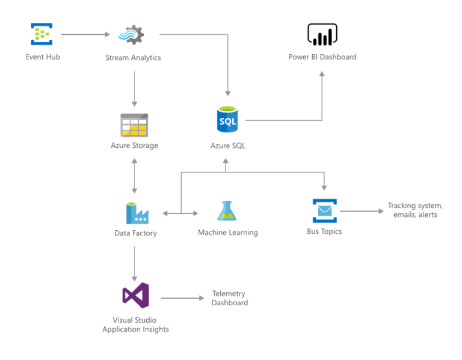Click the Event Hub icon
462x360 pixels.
(42, 34)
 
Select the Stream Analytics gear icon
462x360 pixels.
(131, 35)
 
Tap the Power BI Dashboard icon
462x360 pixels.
(322, 35)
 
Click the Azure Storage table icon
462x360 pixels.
(134, 124)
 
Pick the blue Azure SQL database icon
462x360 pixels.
(227, 120)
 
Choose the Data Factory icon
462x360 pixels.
(136, 213)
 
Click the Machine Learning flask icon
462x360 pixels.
(227, 211)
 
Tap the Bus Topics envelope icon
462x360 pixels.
(324, 211)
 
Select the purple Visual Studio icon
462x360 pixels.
(135, 295)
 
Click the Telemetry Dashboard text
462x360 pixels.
(229, 298)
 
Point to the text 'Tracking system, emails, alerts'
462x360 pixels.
(414, 210)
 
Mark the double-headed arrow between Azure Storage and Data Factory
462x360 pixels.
(134, 176)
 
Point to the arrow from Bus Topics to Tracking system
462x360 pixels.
(361, 211)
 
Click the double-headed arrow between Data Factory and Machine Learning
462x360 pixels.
(180, 213)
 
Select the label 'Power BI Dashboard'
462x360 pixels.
(322, 57)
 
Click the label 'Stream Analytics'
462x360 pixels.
(132, 58)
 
